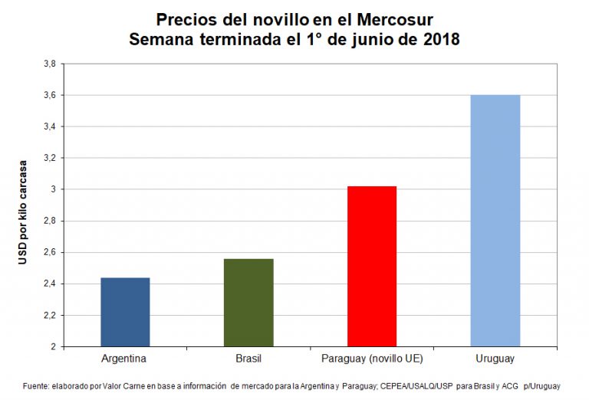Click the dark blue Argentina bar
(x=125, y=312)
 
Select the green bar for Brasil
(x=248, y=303)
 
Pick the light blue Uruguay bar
(x=495, y=221)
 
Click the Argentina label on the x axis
(x=124, y=358)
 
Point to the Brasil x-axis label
(x=248, y=358)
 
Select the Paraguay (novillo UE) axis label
(x=372, y=358)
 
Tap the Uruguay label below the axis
(x=495, y=358)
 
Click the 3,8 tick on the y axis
(x=48, y=64)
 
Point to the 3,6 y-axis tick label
(x=48, y=95)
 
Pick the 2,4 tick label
(x=48, y=284)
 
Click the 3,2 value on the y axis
(x=48, y=158)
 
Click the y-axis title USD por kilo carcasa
(x=23, y=212)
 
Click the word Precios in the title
(x=184, y=19)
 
